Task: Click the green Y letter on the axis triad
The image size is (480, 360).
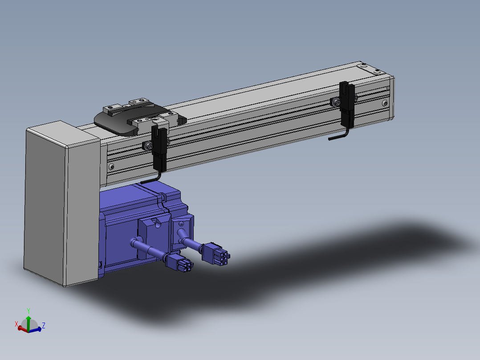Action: [x=28, y=311]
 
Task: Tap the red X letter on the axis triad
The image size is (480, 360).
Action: [x=16, y=324]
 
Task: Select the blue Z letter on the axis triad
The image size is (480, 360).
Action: [x=44, y=325]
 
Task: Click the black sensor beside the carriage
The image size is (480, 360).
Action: [x=159, y=148]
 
